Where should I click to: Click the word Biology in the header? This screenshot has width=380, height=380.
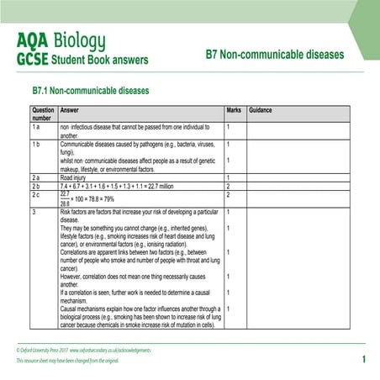pos(80,40)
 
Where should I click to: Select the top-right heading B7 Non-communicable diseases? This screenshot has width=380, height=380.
pos(275,55)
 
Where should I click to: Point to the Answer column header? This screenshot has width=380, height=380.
pos(71,110)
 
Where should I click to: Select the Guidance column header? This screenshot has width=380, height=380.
pos(261,110)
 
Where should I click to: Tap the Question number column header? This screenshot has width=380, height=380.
pos(43,114)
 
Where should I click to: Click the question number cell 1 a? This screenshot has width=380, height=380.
pos(37,127)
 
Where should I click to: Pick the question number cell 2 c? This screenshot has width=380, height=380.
pos(37,194)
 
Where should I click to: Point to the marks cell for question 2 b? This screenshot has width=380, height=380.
pos(229,186)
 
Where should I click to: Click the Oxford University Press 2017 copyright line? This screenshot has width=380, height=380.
pos(92,348)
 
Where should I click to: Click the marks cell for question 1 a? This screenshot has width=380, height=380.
pos(229,127)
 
